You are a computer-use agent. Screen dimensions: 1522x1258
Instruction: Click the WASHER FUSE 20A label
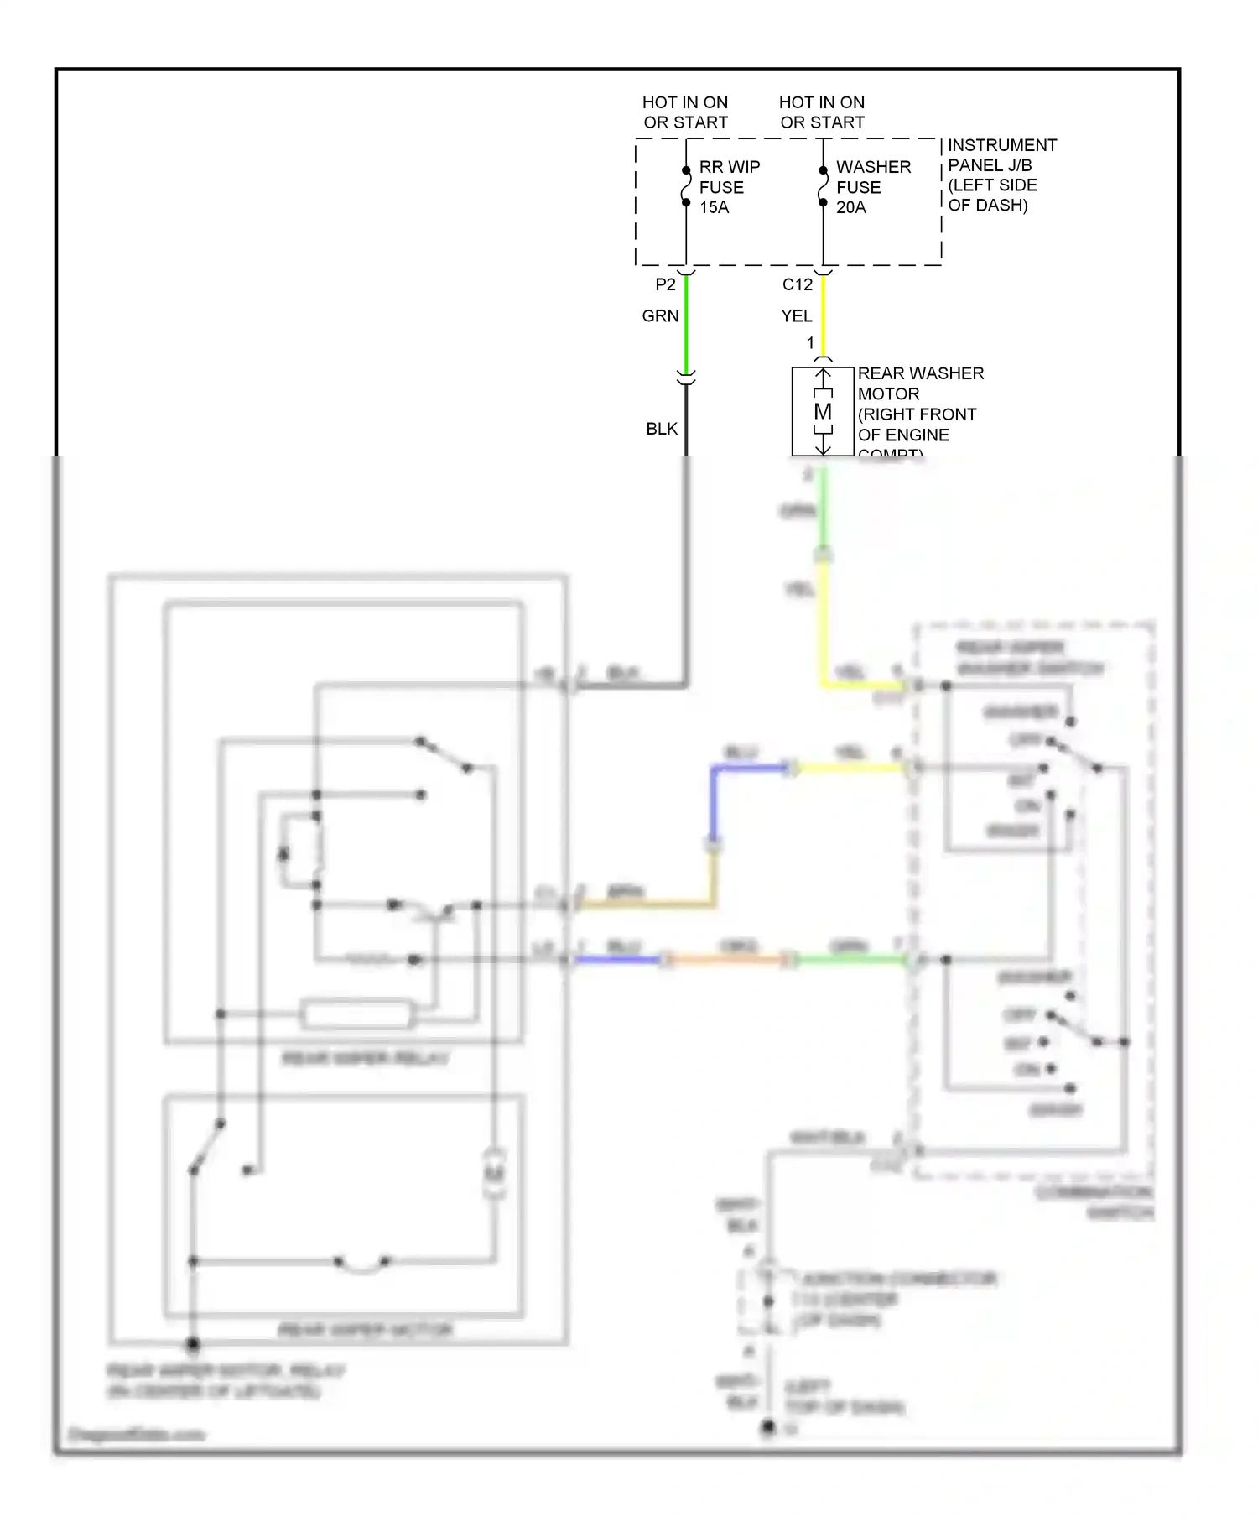[x=871, y=187]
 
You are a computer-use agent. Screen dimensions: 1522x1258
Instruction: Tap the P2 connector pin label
[x=665, y=284]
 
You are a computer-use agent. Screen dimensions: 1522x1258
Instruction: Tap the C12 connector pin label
[x=797, y=284]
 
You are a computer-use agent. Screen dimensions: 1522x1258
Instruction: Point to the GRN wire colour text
[x=660, y=315]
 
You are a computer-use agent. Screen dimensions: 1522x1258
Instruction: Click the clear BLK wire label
[x=661, y=429]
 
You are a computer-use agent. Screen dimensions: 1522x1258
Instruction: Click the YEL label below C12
[x=796, y=315]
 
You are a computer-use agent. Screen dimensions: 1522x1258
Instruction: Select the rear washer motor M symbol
[x=823, y=411]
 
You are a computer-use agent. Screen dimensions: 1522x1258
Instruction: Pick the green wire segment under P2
[x=686, y=323]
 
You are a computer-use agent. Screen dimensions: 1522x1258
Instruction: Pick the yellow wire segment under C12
[x=823, y=315]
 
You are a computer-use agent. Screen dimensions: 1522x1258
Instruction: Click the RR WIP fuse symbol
[x=686, y=186]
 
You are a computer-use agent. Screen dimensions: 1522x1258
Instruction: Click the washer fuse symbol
[x=823, y=186]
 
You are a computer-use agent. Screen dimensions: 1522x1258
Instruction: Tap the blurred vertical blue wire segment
[x=713, y=805]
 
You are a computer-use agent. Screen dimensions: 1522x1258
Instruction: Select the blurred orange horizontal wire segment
[x=725, y=959]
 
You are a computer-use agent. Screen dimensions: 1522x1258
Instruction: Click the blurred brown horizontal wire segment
[x=646, y=904]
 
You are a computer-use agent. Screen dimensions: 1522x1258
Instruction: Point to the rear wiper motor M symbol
[x=495, y=1172]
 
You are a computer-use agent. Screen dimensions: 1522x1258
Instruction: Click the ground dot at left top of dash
[x=767, y=1427]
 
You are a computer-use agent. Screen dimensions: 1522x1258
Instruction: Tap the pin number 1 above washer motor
[x=810, y=342]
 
